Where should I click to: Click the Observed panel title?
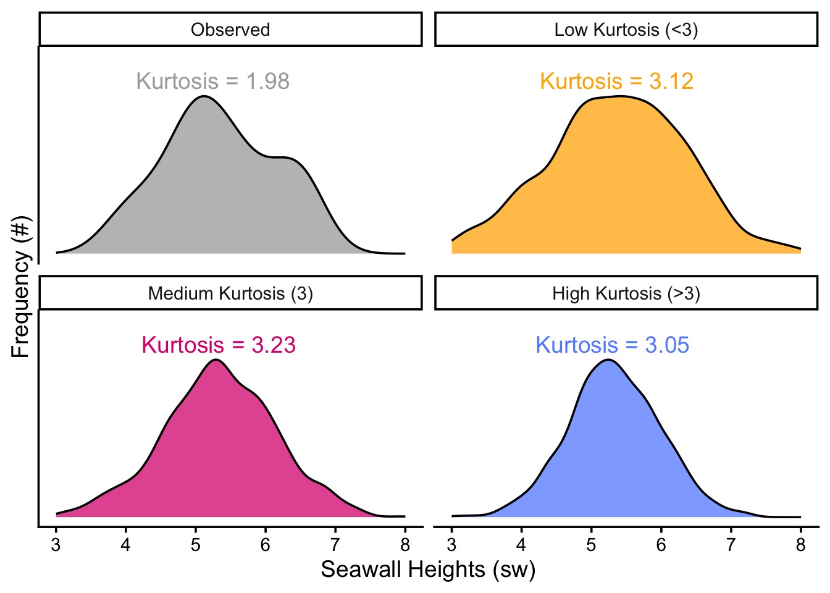click(230, 30)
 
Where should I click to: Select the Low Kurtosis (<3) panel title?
click(626, 30)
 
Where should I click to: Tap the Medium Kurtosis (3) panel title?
click(230, 293)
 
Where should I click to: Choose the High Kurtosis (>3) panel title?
click(626, 293)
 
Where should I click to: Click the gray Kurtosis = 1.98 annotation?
click(212, 81)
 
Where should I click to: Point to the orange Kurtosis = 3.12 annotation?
click(616, 81)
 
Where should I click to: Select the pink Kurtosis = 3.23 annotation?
click(219, 345)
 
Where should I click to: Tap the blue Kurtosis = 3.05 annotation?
click(612, 345)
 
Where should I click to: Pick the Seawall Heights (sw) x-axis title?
click(428, 570)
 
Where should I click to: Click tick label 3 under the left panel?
click(56, 545)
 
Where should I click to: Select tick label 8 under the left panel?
click(405, 545)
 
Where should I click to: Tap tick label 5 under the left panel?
click(196, 545)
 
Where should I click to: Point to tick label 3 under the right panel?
click(451, 545)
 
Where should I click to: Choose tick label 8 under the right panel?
click(801, 545)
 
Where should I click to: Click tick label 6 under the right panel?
click(661, 545)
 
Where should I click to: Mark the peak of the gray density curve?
click(204, 96)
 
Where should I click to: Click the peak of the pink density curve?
click(216, 360)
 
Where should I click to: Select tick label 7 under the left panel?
click(335, 545)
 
